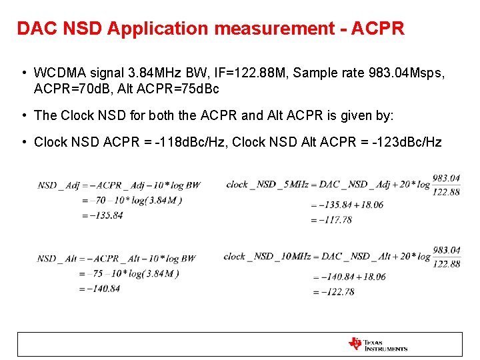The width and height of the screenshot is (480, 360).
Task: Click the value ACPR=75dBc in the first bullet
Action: tap(183, 88)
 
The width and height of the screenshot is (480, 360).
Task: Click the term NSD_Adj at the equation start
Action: tap(57, 185)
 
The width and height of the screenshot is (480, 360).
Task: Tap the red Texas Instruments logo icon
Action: tap(355, 344)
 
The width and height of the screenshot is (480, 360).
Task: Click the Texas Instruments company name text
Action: tap(386, 345)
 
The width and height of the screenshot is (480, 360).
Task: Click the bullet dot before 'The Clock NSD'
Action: tap(23, 115)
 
